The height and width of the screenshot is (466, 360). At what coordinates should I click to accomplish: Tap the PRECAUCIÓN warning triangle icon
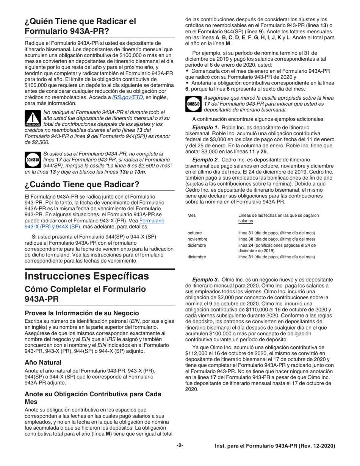[x=32, y=119]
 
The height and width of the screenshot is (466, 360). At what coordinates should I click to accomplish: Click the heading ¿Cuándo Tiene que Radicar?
[x=82, y=185]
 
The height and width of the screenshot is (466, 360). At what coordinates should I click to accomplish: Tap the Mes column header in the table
[x=192, y=216]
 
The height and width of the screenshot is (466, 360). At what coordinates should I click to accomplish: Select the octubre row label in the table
[x=195, y=233]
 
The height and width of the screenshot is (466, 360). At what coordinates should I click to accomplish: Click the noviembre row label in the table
[x=197, y=239]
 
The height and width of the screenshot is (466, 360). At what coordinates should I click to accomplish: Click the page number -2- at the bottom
[x=180, y=446]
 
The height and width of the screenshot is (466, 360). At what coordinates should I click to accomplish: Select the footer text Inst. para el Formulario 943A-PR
[x=273, y=446]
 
